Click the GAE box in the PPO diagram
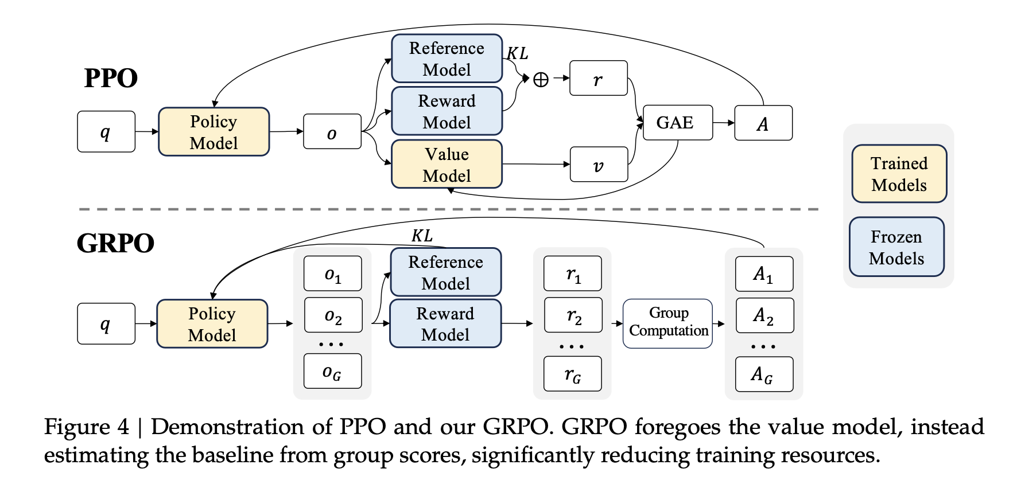677,123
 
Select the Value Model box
447,165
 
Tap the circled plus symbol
541,79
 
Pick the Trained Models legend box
899,174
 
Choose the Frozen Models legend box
896,247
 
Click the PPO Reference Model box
447,59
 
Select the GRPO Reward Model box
445,323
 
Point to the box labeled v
599,165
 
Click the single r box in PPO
598,79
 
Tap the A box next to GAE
763,123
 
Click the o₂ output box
333,315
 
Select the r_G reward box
572,374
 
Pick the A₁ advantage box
764,274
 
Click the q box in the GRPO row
106,323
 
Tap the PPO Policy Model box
214,132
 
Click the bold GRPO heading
115,243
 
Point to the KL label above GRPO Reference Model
422,235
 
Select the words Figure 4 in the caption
87,427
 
